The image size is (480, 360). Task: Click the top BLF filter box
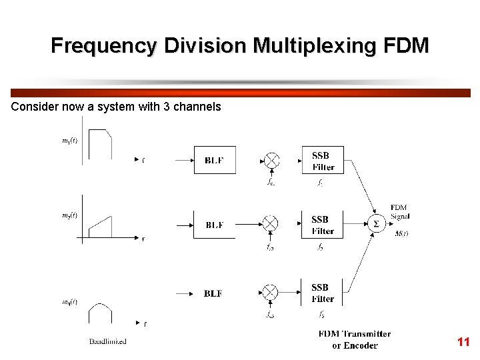click(215, 160)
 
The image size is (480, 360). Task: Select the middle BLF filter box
click(214, 225)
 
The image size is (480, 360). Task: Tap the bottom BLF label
click(213, 293)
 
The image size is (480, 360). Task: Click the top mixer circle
click(271, 161)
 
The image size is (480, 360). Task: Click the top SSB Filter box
click(322, 161)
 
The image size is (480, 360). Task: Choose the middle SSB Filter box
click(322, 225)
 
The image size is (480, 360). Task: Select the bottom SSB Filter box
click(322, 293)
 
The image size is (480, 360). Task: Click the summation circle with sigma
click(375, 224)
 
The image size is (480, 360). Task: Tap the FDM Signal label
click(400, 212)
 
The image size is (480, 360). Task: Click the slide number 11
click(463, 342)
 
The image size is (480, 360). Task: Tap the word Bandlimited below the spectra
click(108, 341)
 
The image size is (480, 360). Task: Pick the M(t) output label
click(401, 233)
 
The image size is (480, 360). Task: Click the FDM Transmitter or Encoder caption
click(355, 339)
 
